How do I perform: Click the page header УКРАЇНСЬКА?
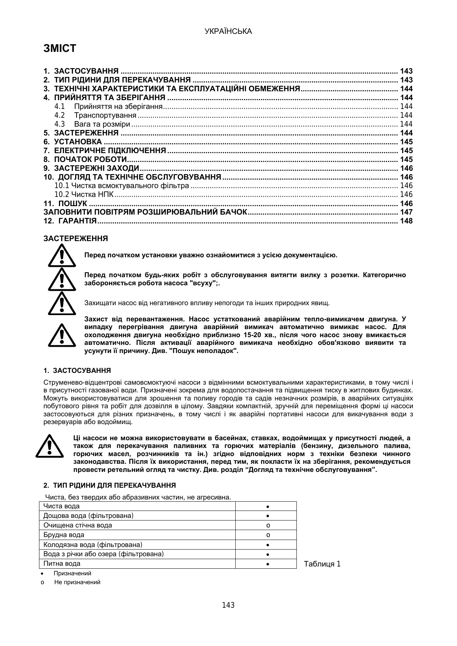click(228, 32)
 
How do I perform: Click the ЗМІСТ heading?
click(60, 49)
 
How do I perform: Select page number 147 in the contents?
click(406, 212)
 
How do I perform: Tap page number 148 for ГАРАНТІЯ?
click(406, 221)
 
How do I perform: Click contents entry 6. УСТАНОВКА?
click(73, 142)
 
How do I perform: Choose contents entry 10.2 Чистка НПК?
click(84, 195)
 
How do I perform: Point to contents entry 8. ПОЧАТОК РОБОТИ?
click(85, 160)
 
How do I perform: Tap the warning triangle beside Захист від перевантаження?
click(61, 335)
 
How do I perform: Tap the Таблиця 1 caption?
click(322, 564)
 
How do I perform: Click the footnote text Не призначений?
click(77, 582)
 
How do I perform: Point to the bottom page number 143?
click(228, 606)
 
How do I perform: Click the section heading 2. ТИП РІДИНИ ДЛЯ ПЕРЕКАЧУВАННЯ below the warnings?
click(110, 486)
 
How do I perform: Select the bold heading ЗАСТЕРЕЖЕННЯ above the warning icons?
click(76, 239)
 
